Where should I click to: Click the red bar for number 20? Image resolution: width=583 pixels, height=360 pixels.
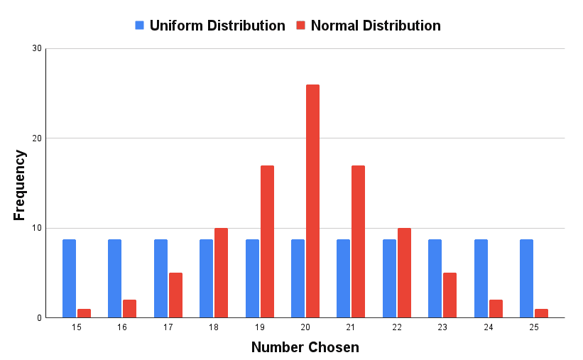pos(312,201)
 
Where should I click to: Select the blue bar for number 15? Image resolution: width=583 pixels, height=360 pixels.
pos(69,278)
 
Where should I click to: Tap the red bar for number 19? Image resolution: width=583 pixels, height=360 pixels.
pos(267,241)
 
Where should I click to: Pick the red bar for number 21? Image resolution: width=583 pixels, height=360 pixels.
pos(358,241)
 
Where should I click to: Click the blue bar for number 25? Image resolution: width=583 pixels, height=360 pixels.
pos(526,278)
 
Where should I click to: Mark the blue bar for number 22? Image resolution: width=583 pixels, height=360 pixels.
pos(389,278)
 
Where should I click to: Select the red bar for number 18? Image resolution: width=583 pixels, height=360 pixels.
pos(221,273)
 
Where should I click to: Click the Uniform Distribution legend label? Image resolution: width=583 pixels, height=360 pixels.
pos(217,26)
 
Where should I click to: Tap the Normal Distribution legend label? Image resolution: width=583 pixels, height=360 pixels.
pos(376,26)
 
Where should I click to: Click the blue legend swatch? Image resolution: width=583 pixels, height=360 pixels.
pos(140,26)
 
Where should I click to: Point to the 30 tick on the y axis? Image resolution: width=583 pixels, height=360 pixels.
pos(37,48)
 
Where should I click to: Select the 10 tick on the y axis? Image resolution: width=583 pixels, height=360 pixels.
pos(37,228)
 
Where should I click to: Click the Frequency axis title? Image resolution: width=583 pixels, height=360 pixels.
pos(20,185)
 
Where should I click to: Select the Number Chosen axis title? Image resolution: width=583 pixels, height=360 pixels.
pos(305,348)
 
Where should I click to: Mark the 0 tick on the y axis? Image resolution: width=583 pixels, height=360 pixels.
pos(40,317)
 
